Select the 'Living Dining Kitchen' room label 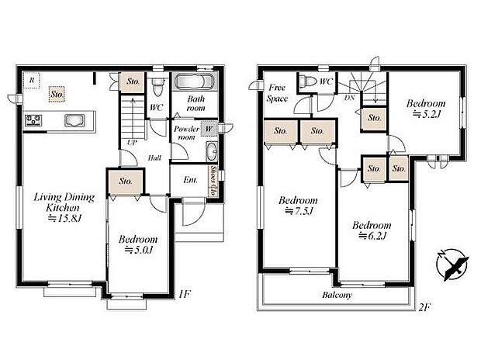pyautogui.click(x=64, y=208)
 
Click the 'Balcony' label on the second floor pyautogui.click(x=336, y=295)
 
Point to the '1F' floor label pyautogui.click(x=183, y=293)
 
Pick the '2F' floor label pyautogui.click(x=424, y=306)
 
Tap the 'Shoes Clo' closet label pyautogui.click(x=213, y=181)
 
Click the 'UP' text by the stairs pyautogui.click(x=133, y=143)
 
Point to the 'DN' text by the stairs pyautogui.click(x=351, y=99)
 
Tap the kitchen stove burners pyautogui.click(x=34, y=120)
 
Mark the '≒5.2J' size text pyautogui.click(x=426, y=115)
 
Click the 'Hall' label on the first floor pyautogui.click(x=154, y=157)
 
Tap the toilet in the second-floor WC pyautogui.click(x=309, y=81)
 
